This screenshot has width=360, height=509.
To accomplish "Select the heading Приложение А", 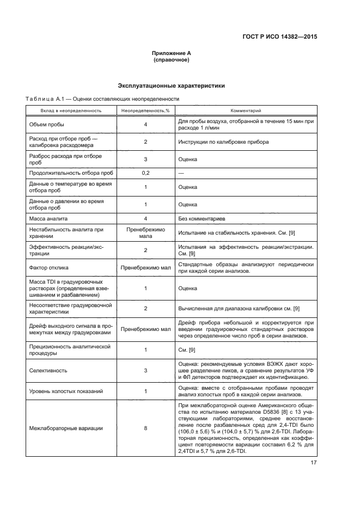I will (171, 53).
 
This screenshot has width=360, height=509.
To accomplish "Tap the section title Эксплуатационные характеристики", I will (171, 86).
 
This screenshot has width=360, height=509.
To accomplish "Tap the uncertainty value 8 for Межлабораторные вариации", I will (145, 428).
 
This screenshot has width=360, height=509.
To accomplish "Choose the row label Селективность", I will (48, 371).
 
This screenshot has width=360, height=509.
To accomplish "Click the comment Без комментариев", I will (202, 219).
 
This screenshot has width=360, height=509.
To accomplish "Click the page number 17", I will (313, 463).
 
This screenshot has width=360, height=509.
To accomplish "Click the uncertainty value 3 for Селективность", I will (145, 371).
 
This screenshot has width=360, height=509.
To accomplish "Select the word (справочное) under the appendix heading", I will (171, 60).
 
